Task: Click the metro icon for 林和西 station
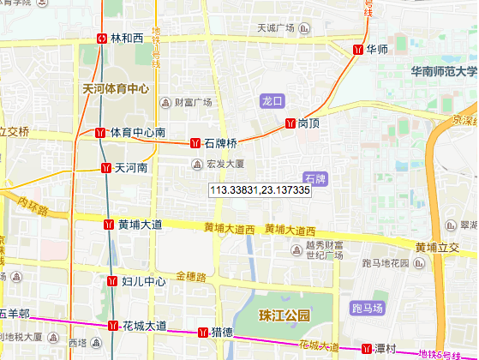(103, 39)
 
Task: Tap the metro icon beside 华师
(357, 50)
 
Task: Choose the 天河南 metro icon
(106, 168)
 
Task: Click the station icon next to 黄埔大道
(109, 225)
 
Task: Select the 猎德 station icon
(202, 333)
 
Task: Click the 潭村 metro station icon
(367, 349)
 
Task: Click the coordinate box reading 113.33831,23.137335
(259, 189)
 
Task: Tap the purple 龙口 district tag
(272, 101)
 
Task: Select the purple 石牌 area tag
(316, 179)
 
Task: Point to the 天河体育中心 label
(115, 88)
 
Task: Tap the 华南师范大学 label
(443, 72)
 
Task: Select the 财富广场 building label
(193, 103)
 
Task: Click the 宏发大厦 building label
(225, 163)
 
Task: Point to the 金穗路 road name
(191, 276)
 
